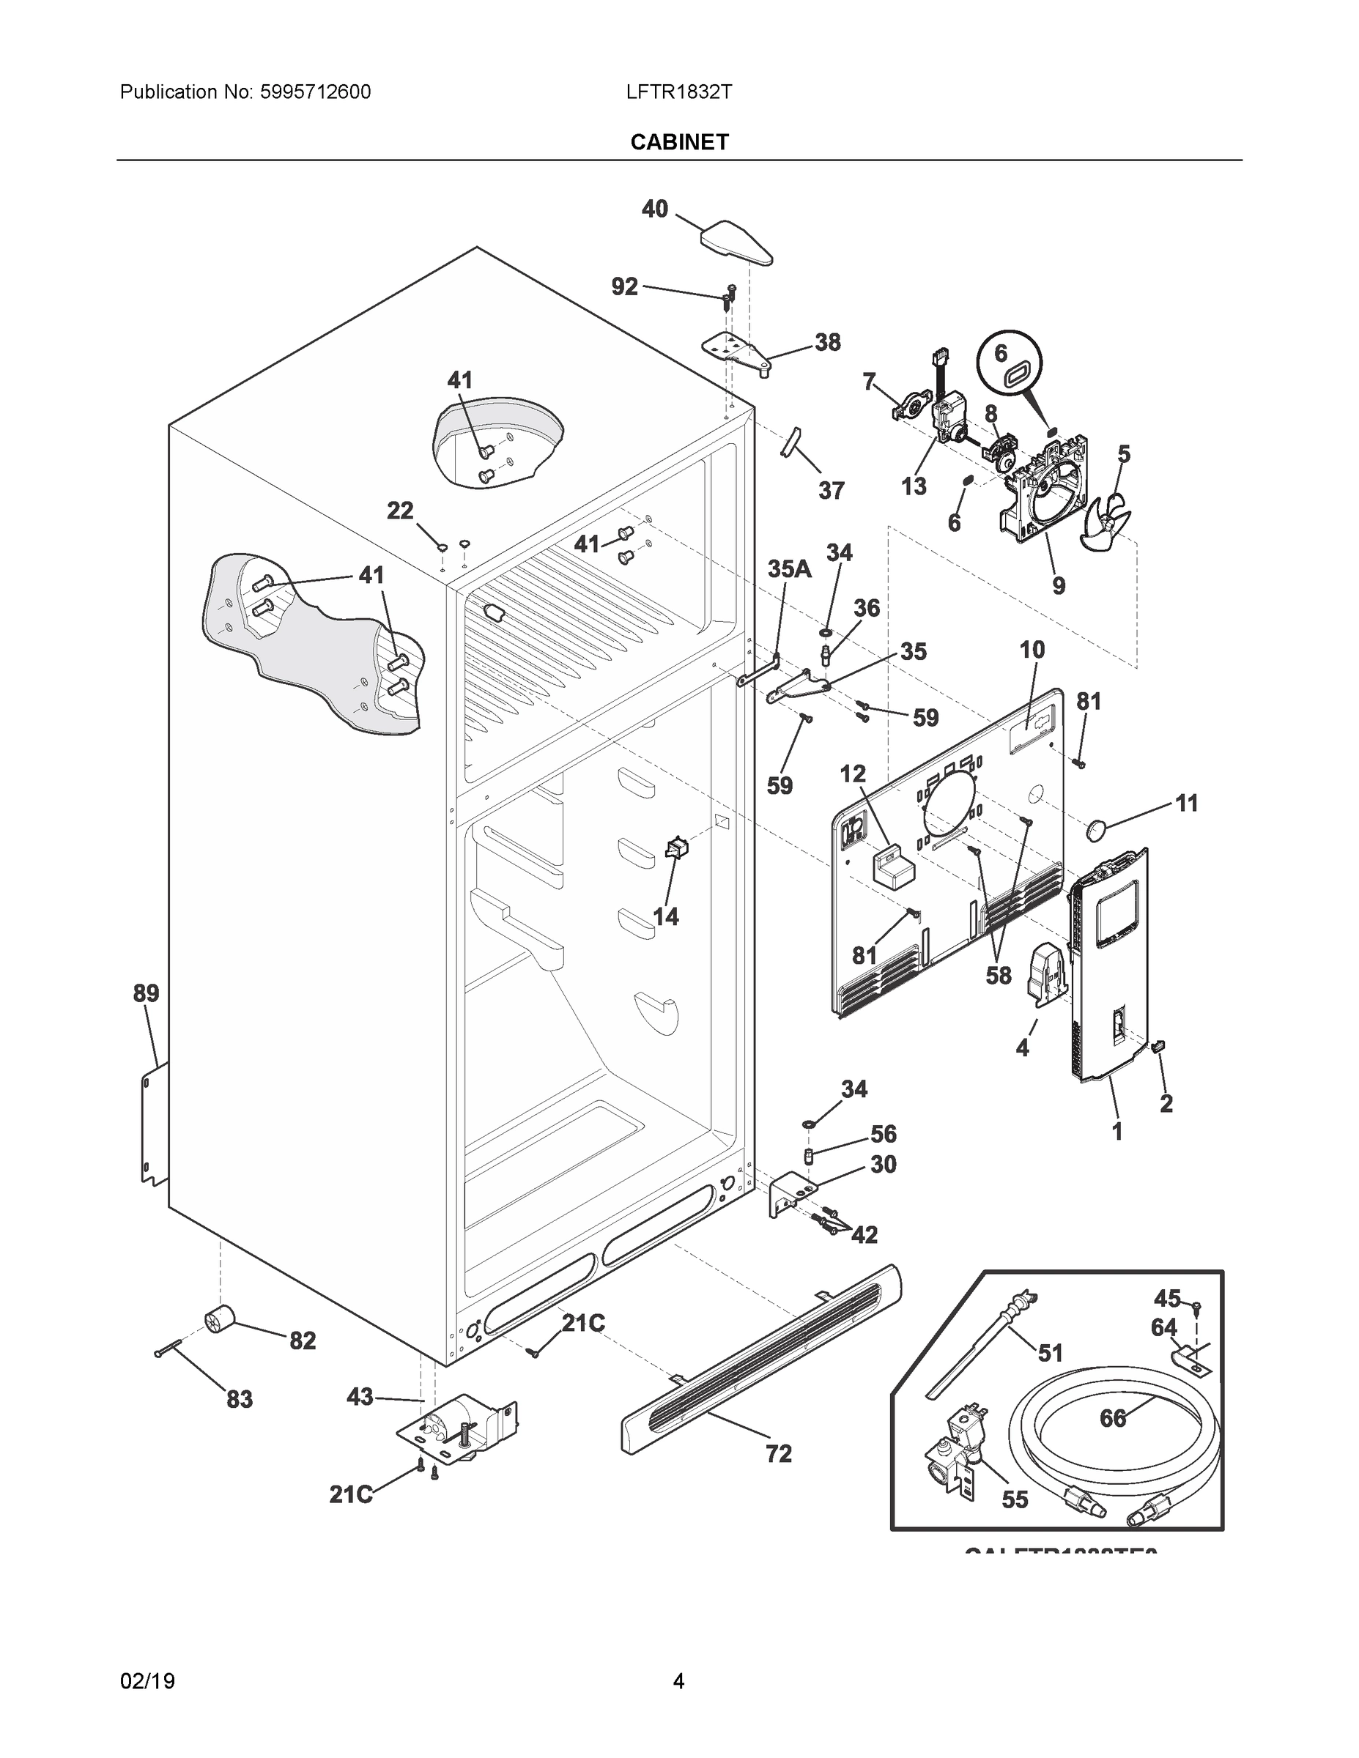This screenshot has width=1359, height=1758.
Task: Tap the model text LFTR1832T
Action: click(678, 92)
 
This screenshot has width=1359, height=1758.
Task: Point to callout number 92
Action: click(625, 286)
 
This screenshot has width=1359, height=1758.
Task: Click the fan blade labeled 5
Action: click(1109, 523)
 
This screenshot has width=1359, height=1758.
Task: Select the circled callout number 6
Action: click(1001, 353)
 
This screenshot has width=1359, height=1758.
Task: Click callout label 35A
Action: click(789, 569)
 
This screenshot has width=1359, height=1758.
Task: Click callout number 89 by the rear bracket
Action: click(146, 993)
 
